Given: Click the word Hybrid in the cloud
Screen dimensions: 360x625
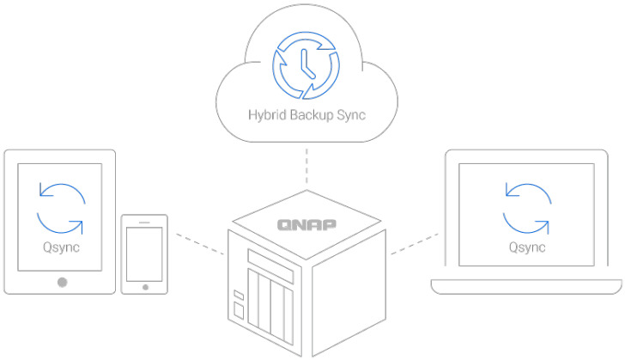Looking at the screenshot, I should pos(266,113).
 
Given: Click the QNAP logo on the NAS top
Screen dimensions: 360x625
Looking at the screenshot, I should pos(306,225).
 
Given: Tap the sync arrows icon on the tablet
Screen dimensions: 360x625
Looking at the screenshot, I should pos(61,209).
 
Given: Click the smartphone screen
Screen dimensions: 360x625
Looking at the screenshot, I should pos(143,254).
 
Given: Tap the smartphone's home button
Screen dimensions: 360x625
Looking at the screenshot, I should pos(143,287).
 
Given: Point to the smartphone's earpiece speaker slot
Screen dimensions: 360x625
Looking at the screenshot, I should pos(143,222).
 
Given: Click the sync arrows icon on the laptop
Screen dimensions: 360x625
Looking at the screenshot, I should pos(526,207).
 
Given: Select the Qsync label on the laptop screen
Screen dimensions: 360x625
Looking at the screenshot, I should pos(525,248).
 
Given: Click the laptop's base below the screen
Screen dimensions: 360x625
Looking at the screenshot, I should pos(525,287).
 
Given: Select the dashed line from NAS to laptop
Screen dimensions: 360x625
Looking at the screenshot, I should pos(416,242).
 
